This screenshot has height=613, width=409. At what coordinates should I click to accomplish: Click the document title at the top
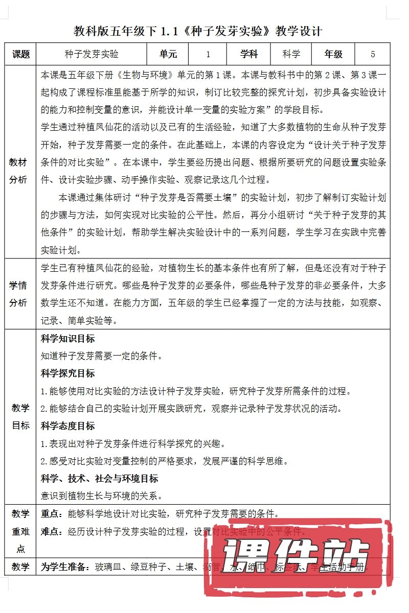[198, 31]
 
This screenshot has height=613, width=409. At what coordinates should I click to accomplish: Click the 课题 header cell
[20, 54]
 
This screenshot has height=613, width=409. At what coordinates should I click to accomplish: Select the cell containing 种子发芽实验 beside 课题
[92, 54]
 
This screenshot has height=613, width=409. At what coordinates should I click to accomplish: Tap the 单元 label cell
[168, 54]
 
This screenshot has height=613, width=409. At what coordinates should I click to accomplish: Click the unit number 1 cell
[209, 54]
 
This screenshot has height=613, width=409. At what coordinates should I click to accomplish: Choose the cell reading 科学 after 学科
[291, 54]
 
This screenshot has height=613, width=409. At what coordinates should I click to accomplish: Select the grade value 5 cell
[373, 54]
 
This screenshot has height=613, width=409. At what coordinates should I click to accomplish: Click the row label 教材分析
[20, 171]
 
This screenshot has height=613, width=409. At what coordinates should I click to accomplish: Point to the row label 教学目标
[20, 416]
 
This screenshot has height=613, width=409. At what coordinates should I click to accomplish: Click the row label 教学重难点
[20, 531]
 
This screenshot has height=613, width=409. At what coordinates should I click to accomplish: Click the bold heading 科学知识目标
[67, 339]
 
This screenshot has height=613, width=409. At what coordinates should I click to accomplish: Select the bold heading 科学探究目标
[67, 373]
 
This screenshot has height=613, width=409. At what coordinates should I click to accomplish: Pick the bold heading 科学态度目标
[67, 426]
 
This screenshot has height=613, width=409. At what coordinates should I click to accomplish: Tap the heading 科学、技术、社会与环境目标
[99, 479]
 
